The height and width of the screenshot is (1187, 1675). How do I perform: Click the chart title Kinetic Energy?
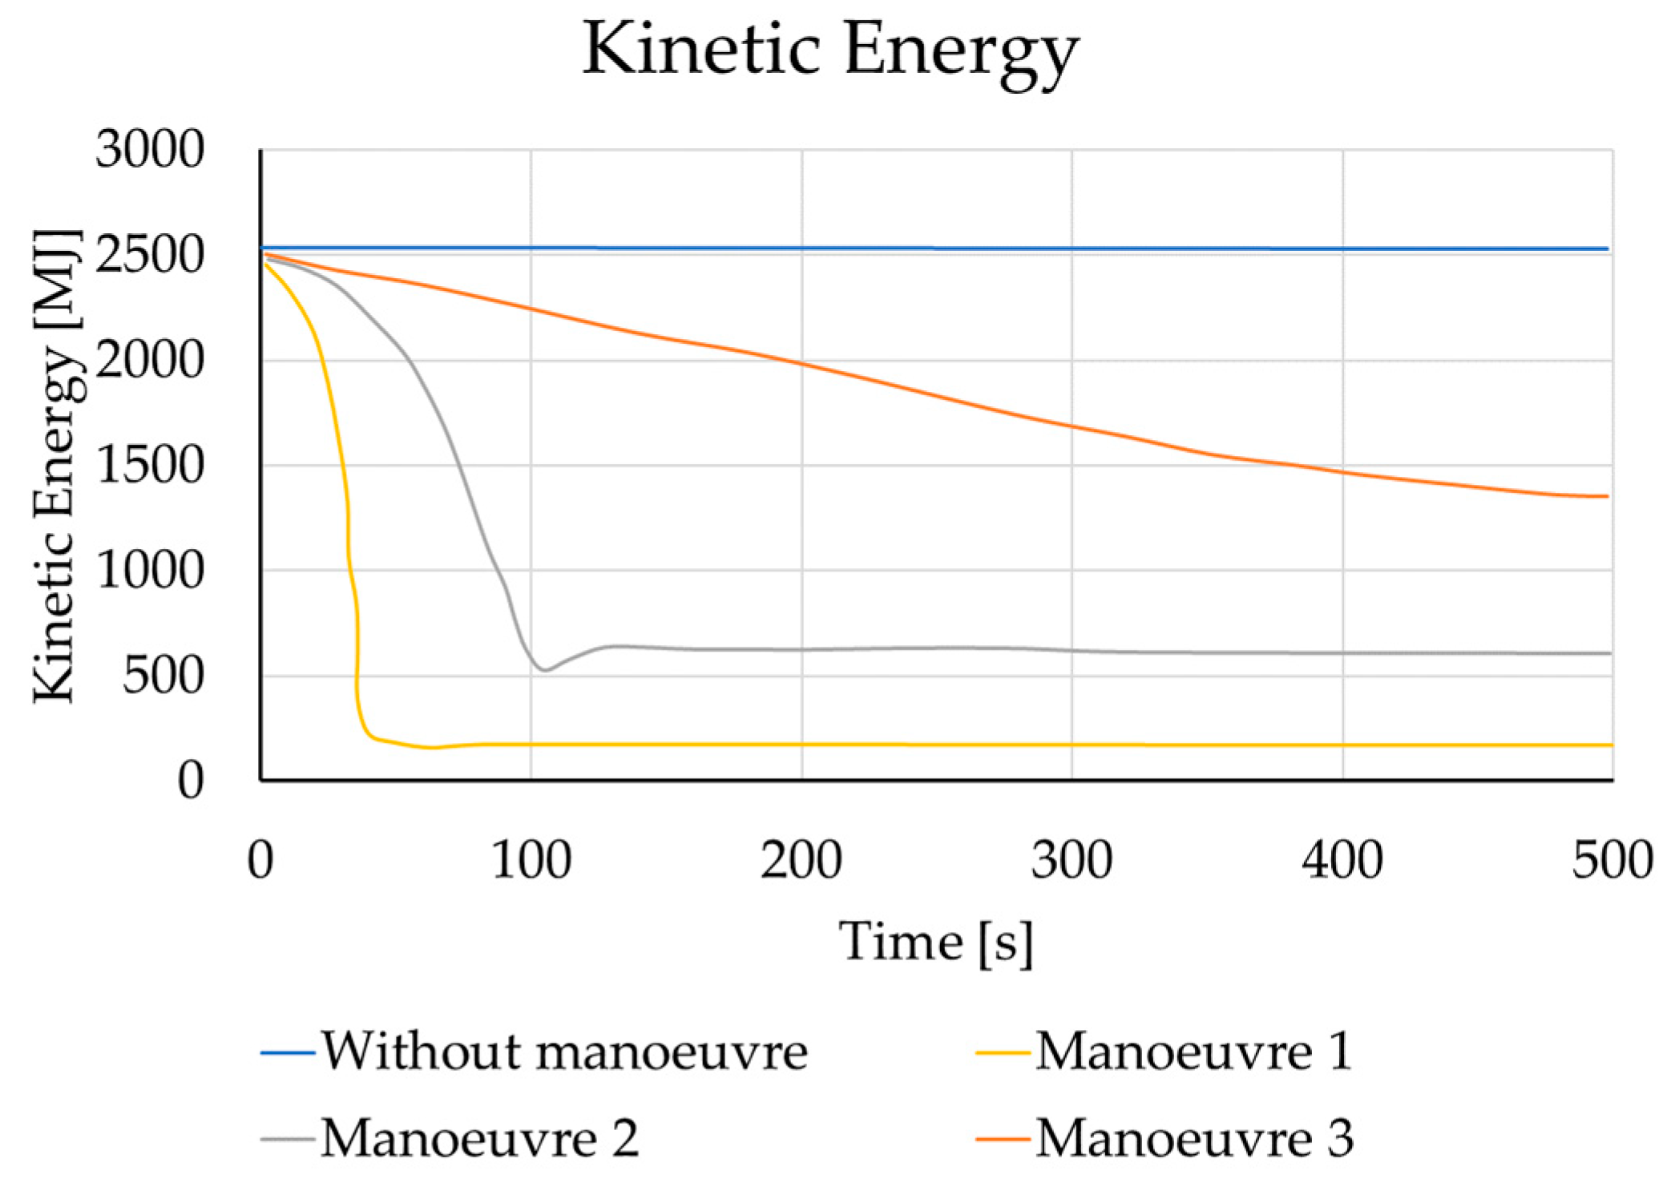coord(830,50)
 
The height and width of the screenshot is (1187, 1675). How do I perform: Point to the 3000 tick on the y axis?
coord(150,149)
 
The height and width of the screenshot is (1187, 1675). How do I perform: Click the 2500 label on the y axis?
coord(150,255)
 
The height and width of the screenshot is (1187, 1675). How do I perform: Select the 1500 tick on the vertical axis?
coord(150,466)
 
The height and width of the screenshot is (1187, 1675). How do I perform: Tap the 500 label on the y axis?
coord(163,676)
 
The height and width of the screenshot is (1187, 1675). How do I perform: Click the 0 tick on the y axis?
coord(190,781)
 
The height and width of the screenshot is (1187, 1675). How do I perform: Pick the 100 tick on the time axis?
coord(531,860)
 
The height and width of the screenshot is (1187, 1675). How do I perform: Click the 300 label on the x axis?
coord(1072,860)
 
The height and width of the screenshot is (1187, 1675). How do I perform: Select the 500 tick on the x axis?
coord(1612,860)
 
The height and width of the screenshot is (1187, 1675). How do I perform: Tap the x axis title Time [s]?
coord(936,942)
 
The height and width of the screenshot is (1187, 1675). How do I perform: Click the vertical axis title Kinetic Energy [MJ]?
coord(56,466)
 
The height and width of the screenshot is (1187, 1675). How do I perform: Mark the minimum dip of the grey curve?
coord(545,669)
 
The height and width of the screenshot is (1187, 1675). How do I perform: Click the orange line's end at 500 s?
coord(1606,496)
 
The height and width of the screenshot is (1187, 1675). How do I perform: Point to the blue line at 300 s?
coord(1072,248)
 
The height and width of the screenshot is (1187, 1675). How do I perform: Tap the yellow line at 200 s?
coord(801,745)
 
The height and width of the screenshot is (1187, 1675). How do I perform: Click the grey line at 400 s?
coord(1342,652)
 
